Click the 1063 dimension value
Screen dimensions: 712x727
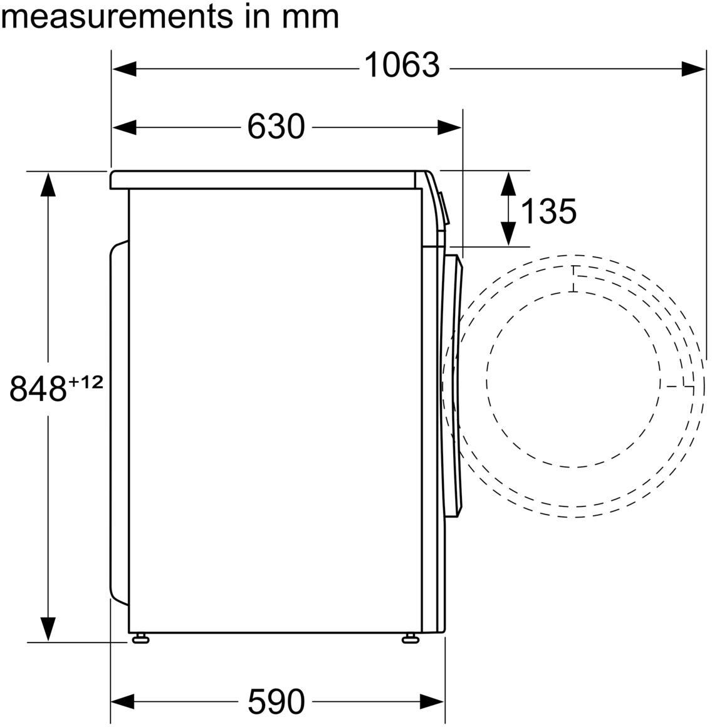coord(402,65)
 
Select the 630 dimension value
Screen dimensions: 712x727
coord(276,127)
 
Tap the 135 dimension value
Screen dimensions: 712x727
coord(549,211)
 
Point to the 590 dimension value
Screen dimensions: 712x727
coord(276,701)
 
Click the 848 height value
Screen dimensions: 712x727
coord(38,388)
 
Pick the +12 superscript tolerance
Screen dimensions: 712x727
coord(86,382)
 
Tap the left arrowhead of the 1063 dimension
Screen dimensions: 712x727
coord(124,70)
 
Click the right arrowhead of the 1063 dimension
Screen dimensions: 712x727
coord(693,70)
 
